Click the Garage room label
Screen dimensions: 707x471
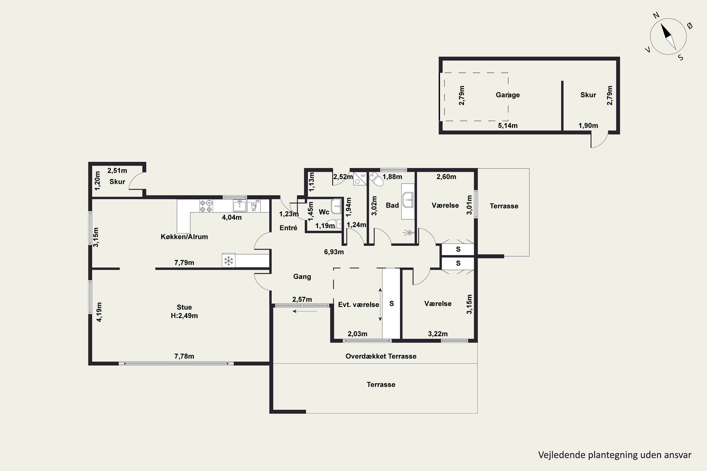(508, 95)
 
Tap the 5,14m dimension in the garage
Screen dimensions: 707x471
(508, 126)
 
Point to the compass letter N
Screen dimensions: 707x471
(657, 23)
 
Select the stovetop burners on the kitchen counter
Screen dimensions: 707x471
(206, 206)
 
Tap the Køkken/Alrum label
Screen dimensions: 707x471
(184, 237)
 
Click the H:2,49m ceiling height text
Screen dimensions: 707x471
(184, 316)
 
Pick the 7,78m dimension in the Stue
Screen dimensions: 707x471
(184, 356)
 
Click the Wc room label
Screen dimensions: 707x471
(324, 212)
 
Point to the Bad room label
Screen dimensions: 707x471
(392, 205)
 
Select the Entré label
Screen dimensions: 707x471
(288, 228)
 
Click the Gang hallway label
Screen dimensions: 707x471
(302, 277)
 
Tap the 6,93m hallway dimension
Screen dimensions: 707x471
(334, 252)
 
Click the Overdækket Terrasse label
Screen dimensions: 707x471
(381, 356)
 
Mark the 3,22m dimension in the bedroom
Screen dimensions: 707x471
(438, 334)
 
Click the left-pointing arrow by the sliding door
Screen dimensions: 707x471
(304, 311)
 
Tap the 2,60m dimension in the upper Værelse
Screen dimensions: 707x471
(446, 177)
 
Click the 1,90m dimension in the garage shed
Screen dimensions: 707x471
(588, 126)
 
